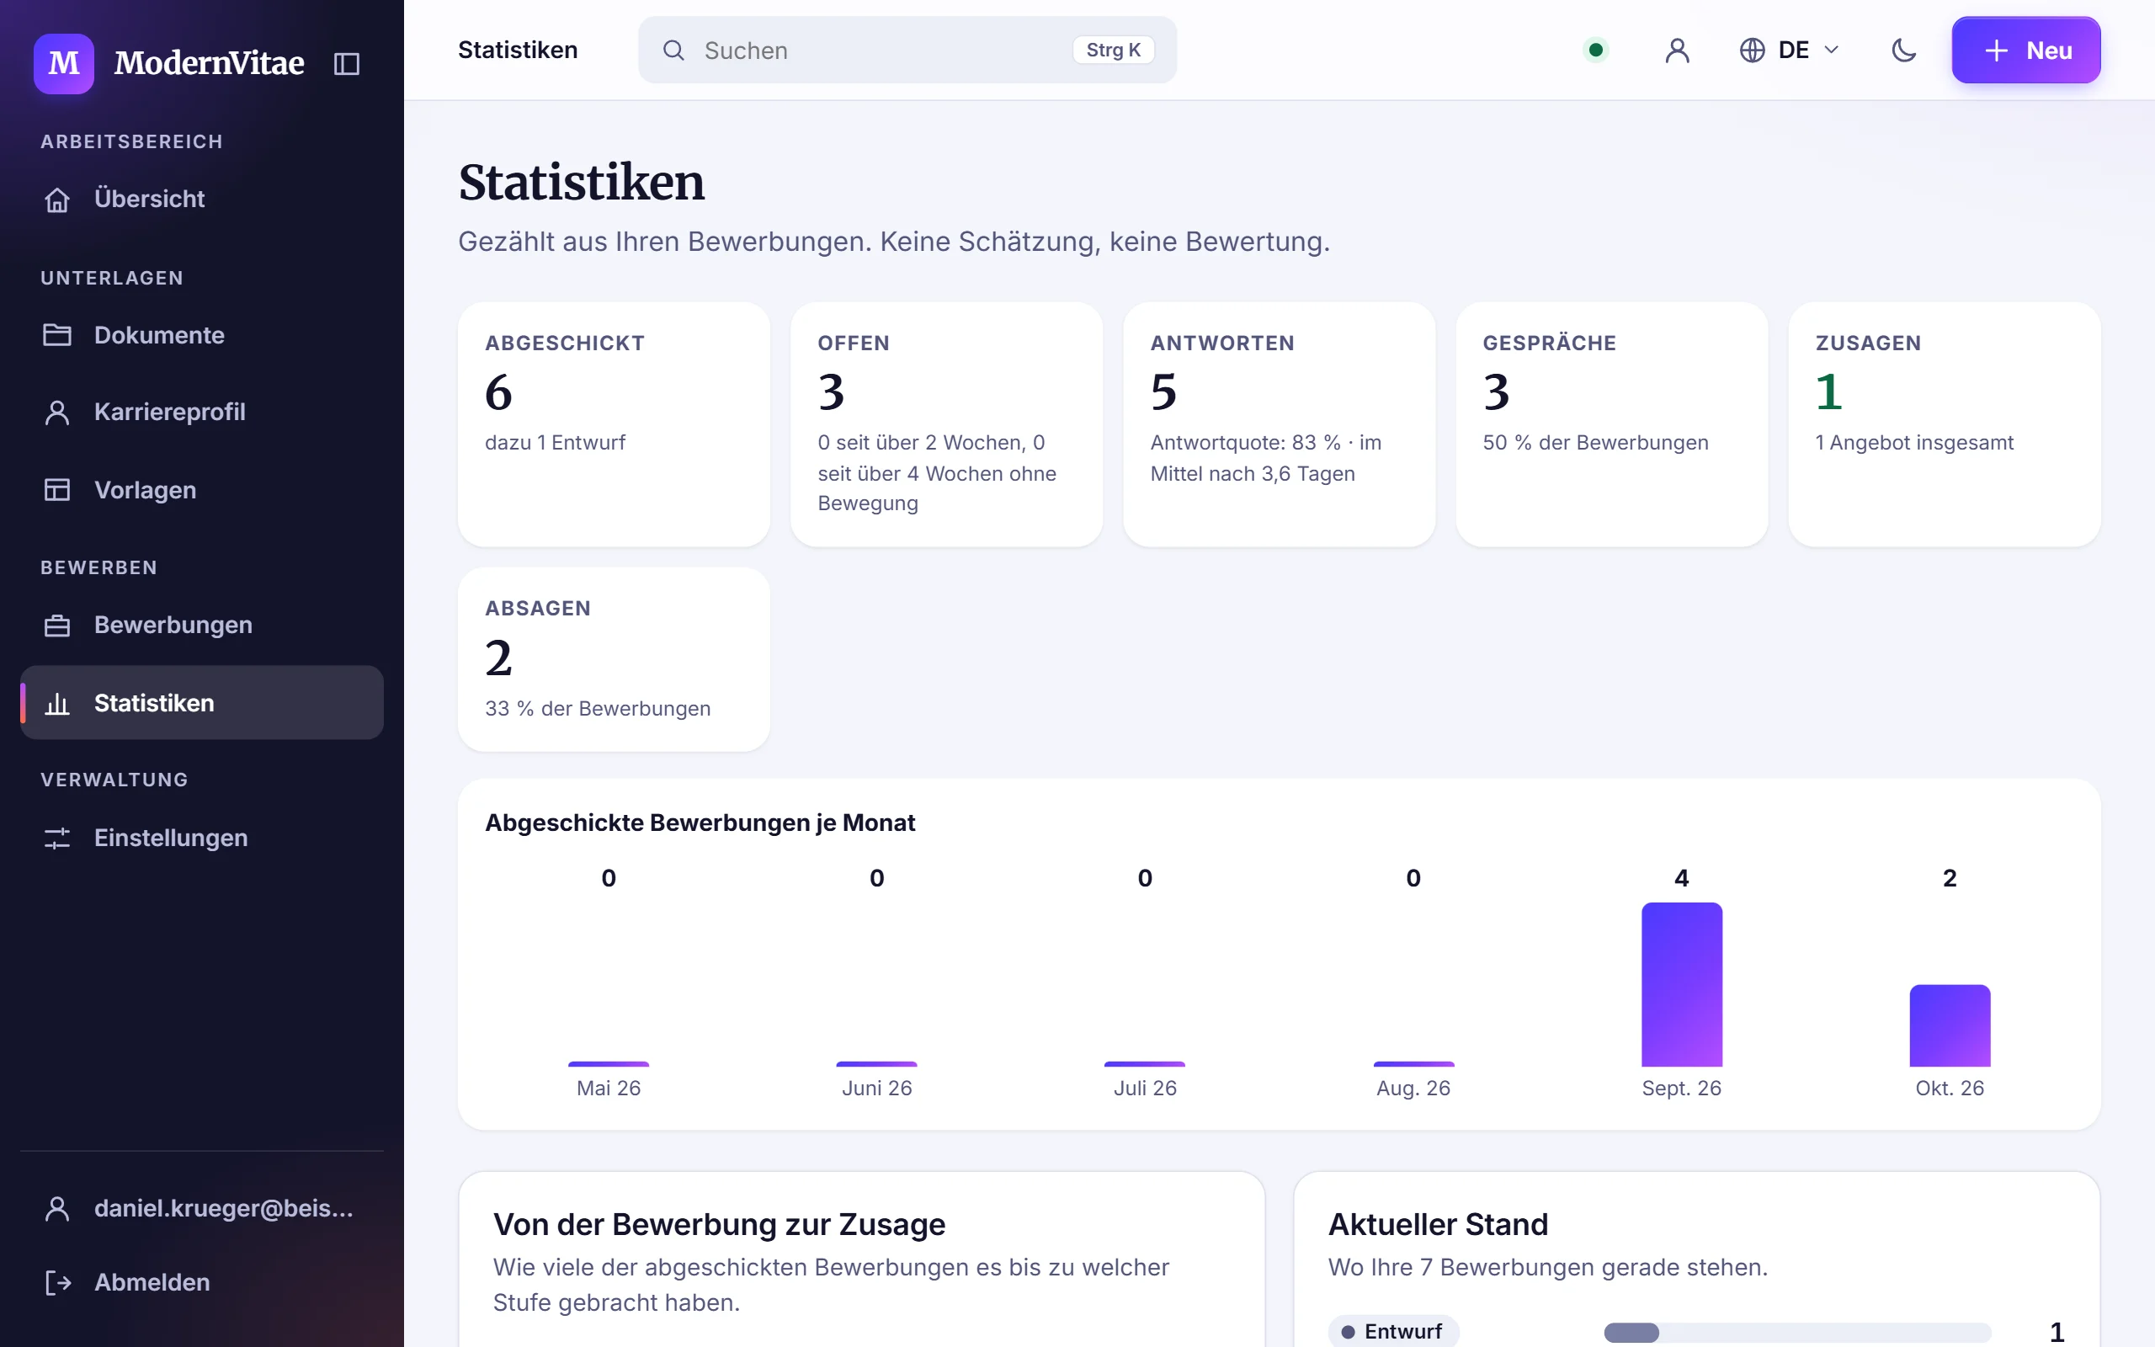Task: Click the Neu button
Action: tap(2025, 50)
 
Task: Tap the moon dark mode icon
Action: tap(1903, 50)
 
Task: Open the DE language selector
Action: tap(1789, 50)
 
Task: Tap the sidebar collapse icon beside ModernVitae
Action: tap(347, 63)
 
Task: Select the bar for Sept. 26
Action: tap(1681, 984)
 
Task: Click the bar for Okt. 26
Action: tap(1950, 1025)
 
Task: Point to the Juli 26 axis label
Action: tap(1145, 1088)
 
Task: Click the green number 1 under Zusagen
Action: tap(1828, 392)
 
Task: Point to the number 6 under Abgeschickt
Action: tap(498, 392)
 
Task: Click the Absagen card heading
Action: tap(538, 609)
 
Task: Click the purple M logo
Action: tap(64, 63)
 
